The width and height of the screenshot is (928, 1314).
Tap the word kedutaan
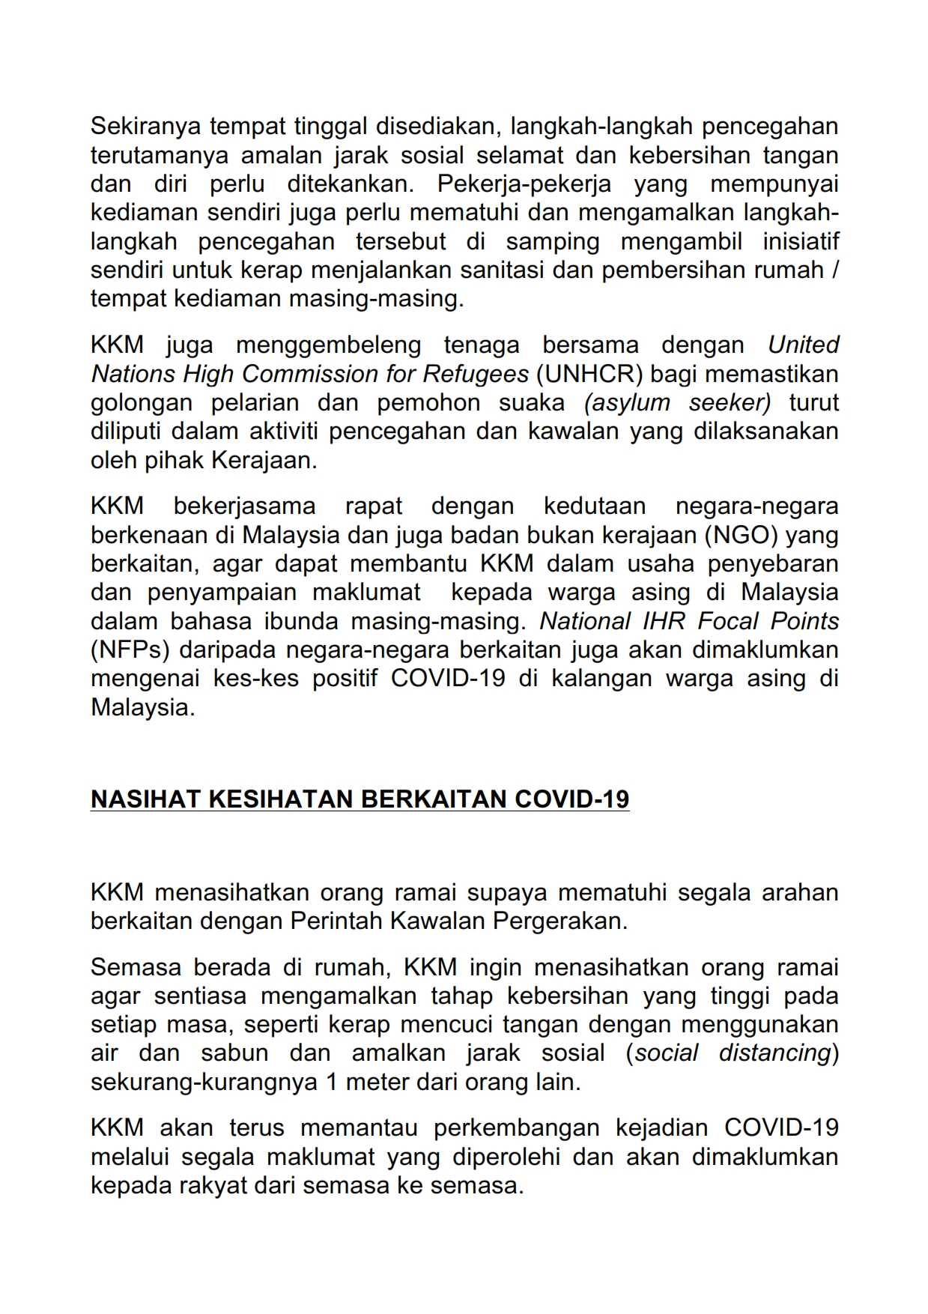[594, 506]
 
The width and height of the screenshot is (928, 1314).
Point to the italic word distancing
[775, 1053]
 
